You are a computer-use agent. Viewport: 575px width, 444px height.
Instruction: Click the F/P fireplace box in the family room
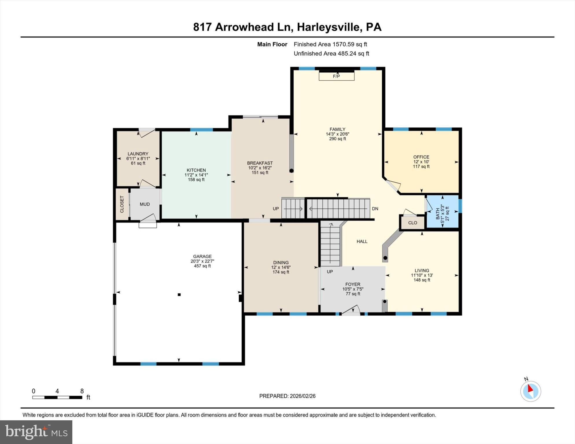click(336, 76)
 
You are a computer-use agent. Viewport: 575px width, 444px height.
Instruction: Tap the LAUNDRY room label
click(138, 154)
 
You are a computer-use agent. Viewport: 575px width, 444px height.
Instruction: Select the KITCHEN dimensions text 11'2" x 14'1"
click(196, 175)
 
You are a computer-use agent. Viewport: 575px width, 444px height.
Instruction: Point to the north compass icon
click(530, 391)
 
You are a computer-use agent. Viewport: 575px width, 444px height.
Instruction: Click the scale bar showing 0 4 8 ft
click(57, 397)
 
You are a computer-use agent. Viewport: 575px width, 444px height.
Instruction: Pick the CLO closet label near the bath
click(412, 223)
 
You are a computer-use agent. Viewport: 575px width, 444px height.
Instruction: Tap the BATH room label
click(438, 213)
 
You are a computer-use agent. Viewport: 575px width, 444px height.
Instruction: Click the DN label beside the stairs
click(375, 209)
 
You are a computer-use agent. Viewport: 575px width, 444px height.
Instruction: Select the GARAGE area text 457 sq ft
click(202, 266)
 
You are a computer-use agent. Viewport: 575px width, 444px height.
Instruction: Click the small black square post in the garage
click(179, 295)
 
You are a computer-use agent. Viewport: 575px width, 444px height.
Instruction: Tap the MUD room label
click(145, 204)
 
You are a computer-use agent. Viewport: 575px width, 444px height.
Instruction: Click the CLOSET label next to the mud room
click(122, 204)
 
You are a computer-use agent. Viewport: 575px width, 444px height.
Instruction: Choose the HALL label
click(362, 241)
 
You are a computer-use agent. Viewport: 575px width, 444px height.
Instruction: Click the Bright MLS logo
click(36, 432)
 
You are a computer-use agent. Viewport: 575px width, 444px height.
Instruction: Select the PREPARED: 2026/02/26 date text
click(287, 396)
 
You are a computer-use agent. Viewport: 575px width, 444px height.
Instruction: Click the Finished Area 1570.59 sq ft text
click(330, 44)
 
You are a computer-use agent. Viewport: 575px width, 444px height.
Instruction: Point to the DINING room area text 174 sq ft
click(281, 272)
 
